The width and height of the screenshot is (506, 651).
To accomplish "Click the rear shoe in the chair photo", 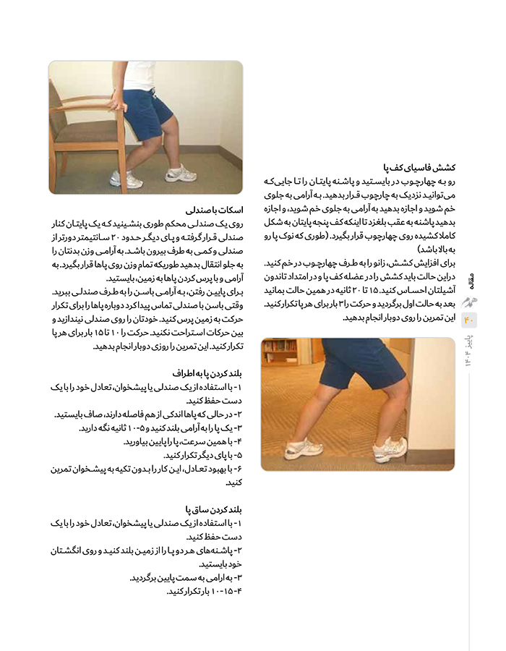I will pos(180,174).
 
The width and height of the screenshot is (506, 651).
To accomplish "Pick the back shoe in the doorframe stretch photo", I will pos(302,448).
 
